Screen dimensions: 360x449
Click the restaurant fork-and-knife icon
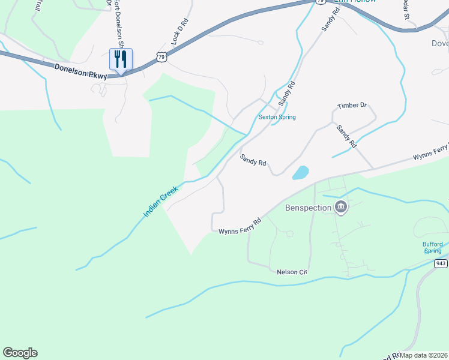121,59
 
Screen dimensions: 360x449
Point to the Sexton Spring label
277,117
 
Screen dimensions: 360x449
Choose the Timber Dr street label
352,106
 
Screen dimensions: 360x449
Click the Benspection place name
308,208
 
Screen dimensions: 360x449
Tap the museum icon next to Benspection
341,208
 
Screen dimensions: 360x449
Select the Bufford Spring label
432,247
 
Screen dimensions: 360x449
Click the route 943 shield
441,263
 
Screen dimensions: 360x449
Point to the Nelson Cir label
292,272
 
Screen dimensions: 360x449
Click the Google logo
20,353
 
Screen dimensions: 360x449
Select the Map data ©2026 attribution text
424,355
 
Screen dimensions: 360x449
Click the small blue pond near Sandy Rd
300,173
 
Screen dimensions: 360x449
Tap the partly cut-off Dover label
440,43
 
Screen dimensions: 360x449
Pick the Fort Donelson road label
119,24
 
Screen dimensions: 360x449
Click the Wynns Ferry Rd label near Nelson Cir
240,226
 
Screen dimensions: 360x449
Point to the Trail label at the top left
39,6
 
